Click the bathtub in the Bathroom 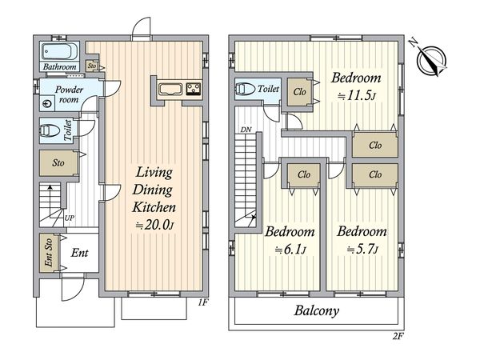click(59, 51)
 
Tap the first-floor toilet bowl click(50, 130)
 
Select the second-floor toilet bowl click(246, 89)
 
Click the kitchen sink click(170, 90)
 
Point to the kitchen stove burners click(194, 89)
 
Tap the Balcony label click(317, 311)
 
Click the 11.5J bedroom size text click(357, 96)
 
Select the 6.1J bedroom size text click(290, 250)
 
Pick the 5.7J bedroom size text click(362, 250)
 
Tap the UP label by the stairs click(69, 218)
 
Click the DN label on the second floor click(246, 130)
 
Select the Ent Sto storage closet click(48, 253)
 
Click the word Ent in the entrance click(79, 253)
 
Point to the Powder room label click(69, 94)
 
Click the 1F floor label click(202, 302)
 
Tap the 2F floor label click(398, 337)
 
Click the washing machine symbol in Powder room click(47, 104)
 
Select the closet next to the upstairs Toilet click(299, 92)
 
